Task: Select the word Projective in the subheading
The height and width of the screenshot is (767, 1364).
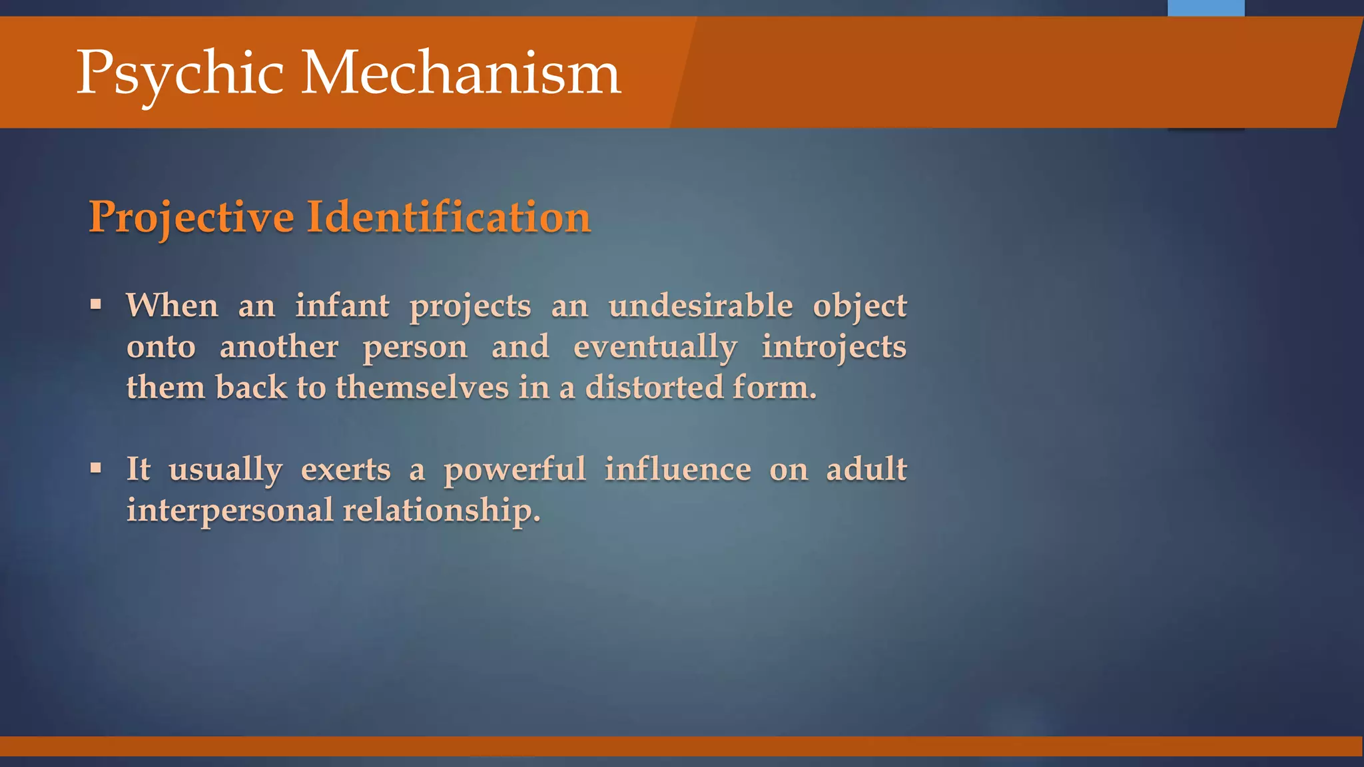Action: coord(192,218)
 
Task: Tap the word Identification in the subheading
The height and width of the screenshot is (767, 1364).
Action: coord(448,217)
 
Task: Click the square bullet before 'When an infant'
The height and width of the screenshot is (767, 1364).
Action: coord(96,305)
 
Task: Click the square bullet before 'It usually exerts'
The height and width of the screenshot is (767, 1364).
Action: coord(96,468)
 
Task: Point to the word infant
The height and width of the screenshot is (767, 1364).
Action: coord(342,306)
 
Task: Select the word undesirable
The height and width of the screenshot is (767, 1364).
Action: coord(701,306)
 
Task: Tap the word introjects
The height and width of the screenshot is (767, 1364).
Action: coord(834,348)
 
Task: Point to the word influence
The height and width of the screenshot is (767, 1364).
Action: coord(678,469)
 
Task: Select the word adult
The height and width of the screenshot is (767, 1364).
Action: coord(866,469)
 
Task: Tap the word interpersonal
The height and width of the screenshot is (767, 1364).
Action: coord(230,511)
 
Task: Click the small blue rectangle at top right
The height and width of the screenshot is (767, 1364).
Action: coord(1205,8)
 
